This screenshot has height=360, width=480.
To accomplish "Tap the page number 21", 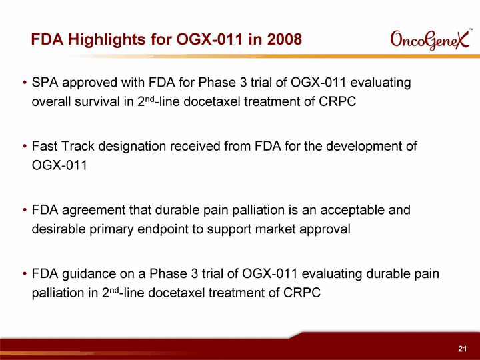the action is click(x=462, y=349).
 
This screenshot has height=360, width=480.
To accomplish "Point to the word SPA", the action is click(x=45, y=83).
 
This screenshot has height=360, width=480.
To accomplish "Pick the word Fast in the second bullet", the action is click(x=45, y=146).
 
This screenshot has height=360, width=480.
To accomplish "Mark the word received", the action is click(x=195, y=146).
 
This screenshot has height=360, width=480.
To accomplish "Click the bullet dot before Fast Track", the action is click(x=25, y=146).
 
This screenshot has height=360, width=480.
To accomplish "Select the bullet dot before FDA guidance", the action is click(x=25, y=274).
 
